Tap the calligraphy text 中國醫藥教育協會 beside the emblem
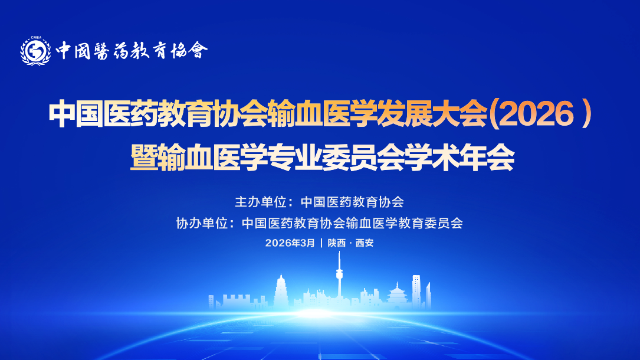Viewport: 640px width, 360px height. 132,51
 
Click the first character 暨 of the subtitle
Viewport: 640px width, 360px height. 144,158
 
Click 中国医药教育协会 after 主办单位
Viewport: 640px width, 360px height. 352,202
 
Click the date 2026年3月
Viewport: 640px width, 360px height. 290,243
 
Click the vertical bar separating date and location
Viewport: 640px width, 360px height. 321,243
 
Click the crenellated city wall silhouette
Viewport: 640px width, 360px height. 230,300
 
